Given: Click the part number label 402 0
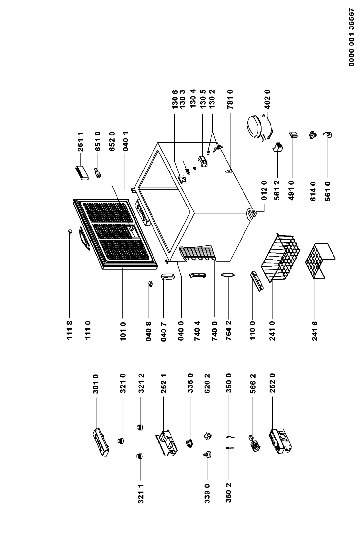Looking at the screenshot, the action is [268, 99].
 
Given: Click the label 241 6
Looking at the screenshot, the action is [315, 331].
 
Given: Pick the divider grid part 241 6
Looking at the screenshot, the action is [320, 261].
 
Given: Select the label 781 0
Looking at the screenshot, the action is [230, 99].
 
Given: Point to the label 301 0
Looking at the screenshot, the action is [96, 384].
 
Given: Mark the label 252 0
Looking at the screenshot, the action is [272, 384].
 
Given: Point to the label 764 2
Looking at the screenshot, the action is [228, 331].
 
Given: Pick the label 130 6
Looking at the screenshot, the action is [175, 99].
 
